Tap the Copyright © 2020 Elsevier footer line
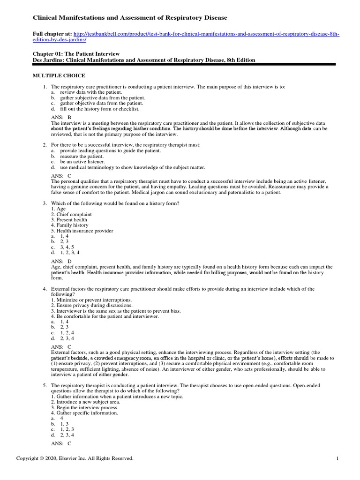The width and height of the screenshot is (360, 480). point(75,458)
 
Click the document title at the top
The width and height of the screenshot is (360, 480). point(129,17)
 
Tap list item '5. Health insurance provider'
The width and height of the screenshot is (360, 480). point(82,231)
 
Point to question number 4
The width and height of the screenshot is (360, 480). point(44,289)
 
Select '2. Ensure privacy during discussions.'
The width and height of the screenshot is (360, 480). point(89,306)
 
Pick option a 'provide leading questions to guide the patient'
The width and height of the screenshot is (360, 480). point(105,150)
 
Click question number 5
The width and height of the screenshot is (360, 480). point(44,385)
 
